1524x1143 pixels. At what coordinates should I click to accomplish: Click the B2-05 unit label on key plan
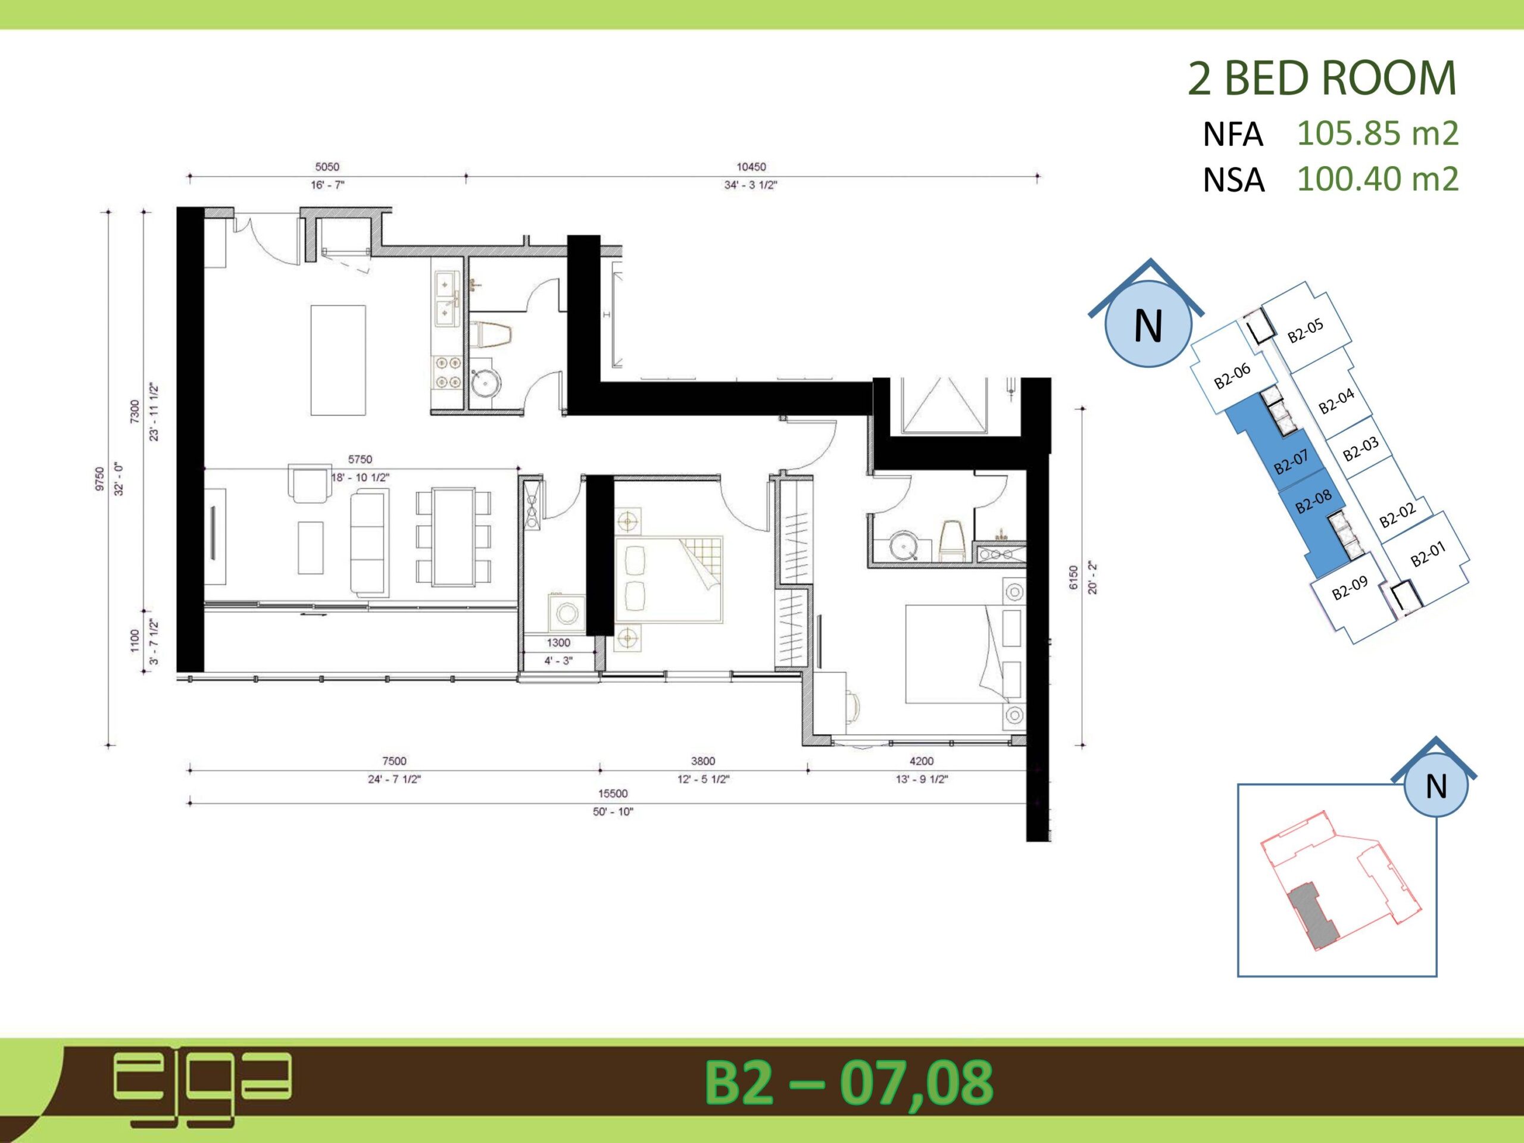pyautogui.click(x=1306, y=331)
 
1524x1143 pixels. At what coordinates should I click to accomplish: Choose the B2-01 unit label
pyautogui.click(x=1428, y=553)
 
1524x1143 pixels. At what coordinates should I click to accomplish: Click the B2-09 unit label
pyautogui.click(x=1350, y=588)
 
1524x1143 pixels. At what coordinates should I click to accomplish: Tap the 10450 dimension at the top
pyautogui.click(x=751, y=167)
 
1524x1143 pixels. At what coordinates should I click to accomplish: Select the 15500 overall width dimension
pyautogui.click(x=613, y=794)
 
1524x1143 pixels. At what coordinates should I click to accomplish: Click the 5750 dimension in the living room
pyautogui.click(x=360, y=460)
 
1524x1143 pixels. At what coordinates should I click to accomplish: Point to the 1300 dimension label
pyautogui.click(x=558, y=643)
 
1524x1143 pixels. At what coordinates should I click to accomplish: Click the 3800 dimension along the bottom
pyautogui.click(x=702, y=761)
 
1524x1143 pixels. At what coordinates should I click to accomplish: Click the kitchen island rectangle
pyautogui.click(x=338, y=360)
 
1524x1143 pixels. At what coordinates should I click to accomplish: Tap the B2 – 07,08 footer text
pyautogui.click(x=848, y=1082)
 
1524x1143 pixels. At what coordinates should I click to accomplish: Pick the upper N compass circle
pyautogui.click(x=1148, y=324)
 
